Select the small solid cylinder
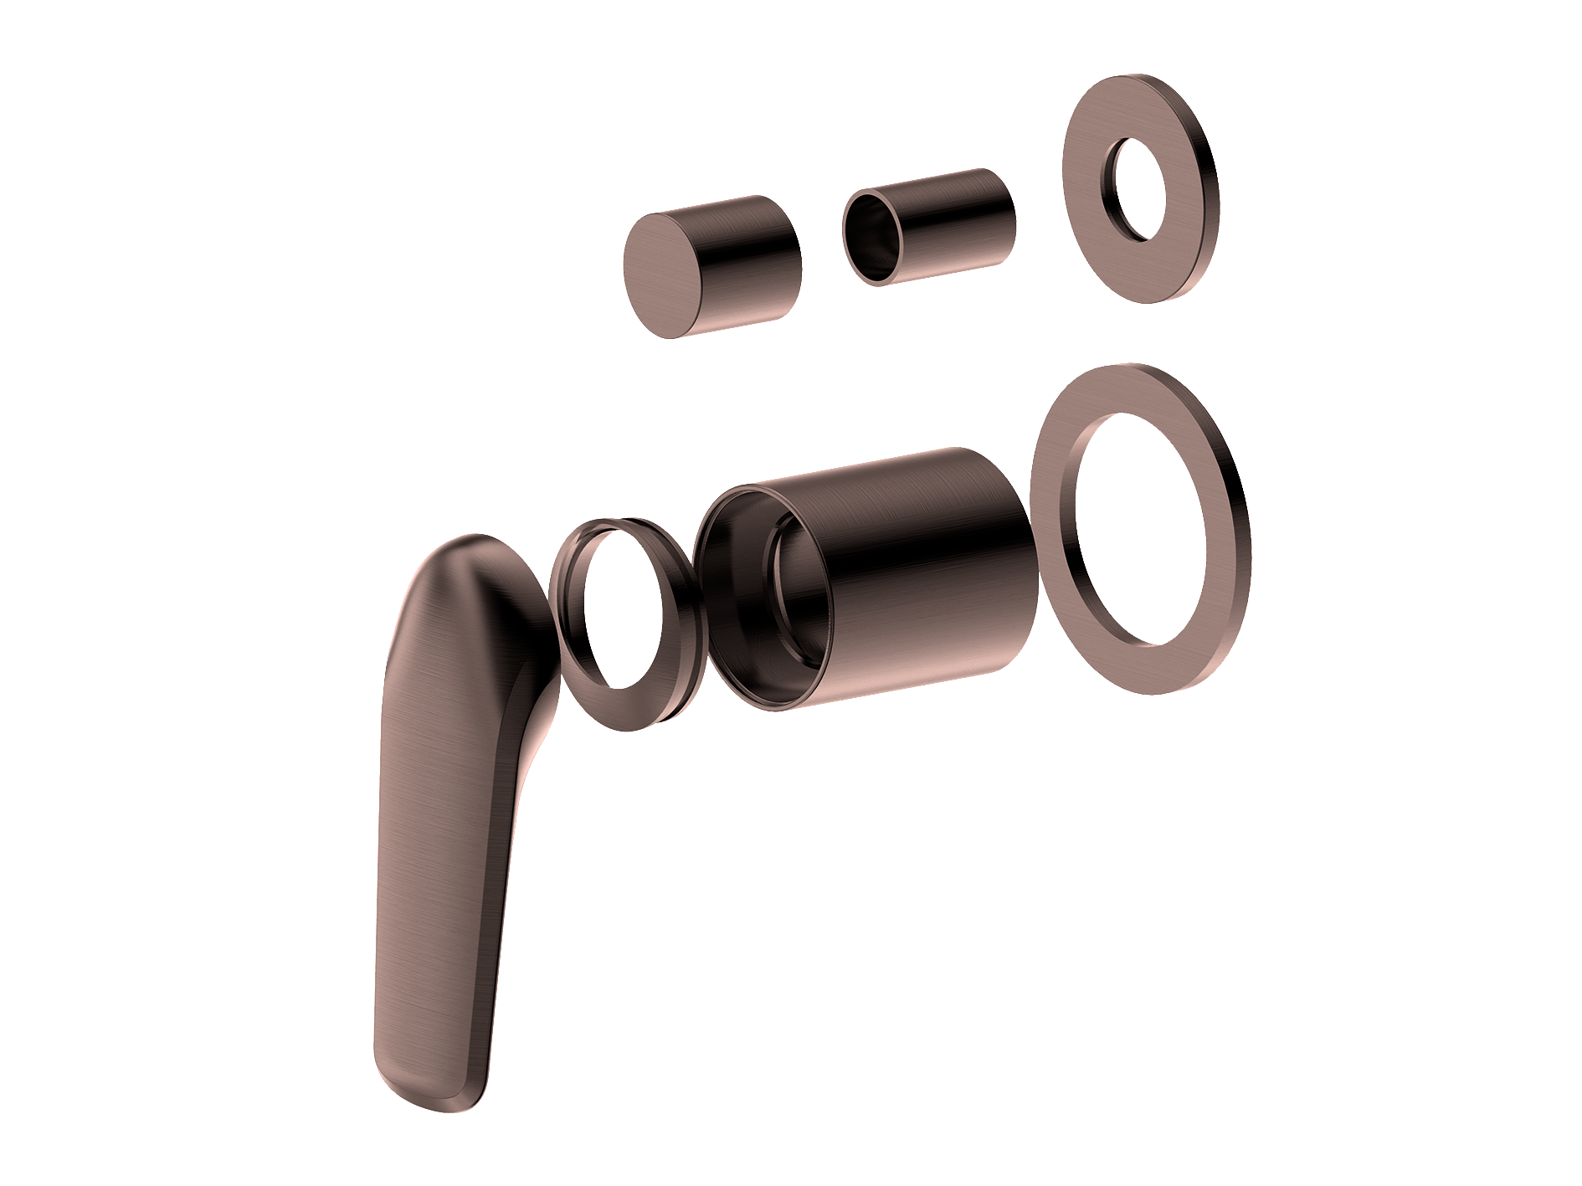click(711, 266)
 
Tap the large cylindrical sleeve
click(904, 578)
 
